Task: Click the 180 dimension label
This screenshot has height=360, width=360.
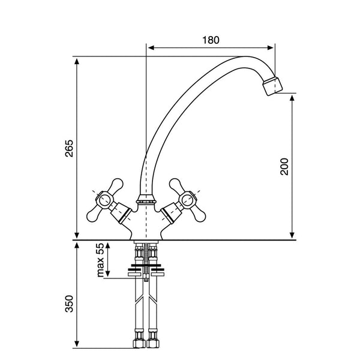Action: point(211,40)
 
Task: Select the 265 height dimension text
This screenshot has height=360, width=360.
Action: point(69,148)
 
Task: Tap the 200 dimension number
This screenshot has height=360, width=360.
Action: point(284,167)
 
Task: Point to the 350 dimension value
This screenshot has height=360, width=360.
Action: point(69,304)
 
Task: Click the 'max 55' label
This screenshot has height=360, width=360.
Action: point(100,260)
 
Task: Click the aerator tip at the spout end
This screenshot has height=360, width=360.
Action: point(272,86)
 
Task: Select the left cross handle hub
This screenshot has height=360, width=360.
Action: point(104,199)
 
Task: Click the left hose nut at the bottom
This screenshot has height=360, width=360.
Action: point(139,343)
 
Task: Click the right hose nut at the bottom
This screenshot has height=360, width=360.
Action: point(152,343)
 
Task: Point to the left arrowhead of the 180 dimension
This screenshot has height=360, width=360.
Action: point(151,48)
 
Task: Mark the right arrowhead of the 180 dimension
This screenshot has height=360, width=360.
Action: point(271,48)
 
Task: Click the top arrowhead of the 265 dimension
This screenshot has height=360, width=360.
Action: point(77,62)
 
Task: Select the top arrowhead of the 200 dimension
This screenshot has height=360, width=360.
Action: point(292,98)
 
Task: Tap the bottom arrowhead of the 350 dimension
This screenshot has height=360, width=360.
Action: point(77,343)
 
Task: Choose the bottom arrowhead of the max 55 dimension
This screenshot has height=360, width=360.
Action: point(107,274)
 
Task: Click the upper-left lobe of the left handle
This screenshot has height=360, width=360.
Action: point(116,185)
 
